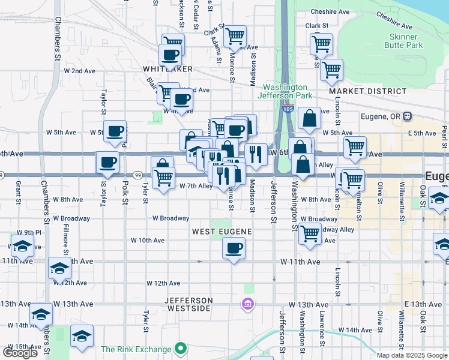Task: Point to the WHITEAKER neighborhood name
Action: click(x=168, y=70)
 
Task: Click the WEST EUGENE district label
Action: click(x=221, y=231)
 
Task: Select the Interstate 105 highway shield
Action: click(x=287, y=109)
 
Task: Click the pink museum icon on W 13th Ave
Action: click(x=247, y=305)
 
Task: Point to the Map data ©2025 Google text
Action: click(x=412, y=355)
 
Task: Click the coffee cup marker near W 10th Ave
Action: click(x=234, y=247)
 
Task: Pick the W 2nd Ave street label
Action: click(x=79, y=71)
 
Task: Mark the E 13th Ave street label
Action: click(x=428, y=305)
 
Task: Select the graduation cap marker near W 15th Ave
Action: click(x=82, y=337)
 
